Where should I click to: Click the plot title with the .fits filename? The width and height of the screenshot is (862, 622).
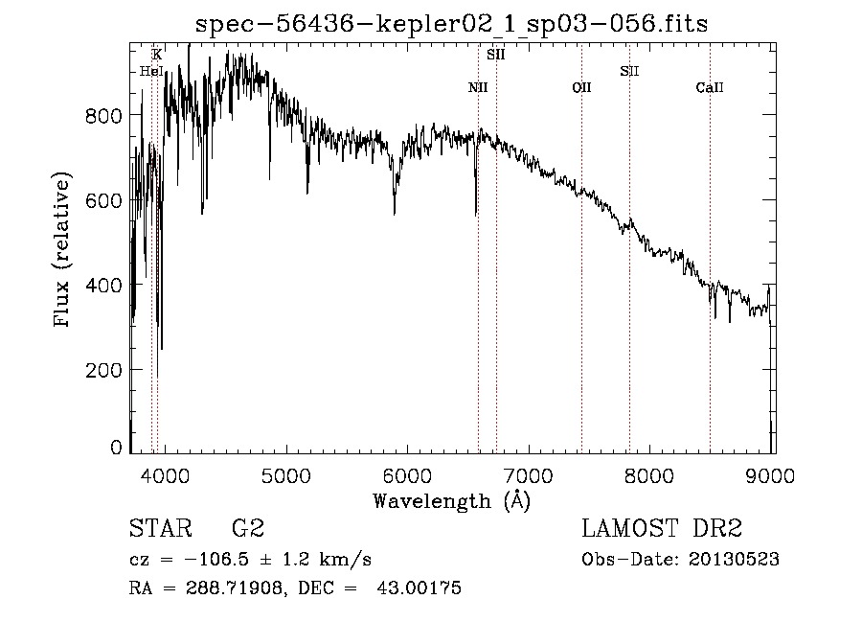(451, 23)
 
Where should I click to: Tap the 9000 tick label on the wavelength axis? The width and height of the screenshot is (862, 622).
(773, 475)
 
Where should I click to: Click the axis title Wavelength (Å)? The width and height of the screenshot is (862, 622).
(451, 500)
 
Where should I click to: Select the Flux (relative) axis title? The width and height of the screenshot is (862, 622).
(63, 251)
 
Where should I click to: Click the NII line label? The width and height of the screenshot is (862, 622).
(478, 88)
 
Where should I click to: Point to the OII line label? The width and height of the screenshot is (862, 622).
(581, 88)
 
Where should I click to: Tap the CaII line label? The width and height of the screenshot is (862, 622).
(710, 88)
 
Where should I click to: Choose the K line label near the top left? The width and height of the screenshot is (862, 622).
(157, 55)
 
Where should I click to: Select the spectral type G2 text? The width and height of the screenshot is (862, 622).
(247, 529)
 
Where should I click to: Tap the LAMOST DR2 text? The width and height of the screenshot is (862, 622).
(662, 529)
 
